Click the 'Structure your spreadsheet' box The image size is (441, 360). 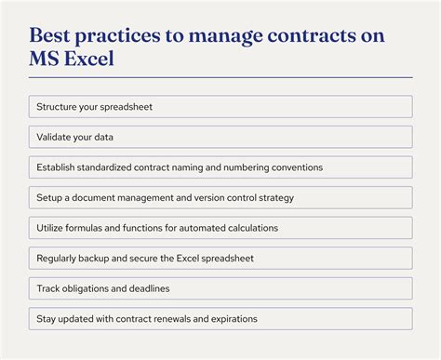[220, 107]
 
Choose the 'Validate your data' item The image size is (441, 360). [220, 138]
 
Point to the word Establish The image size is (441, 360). [57, 167]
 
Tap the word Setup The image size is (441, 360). [49, 198]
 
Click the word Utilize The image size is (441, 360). [51, 228]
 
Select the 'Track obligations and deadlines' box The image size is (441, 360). [220, 288]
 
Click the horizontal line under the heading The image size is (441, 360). [220, 77]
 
